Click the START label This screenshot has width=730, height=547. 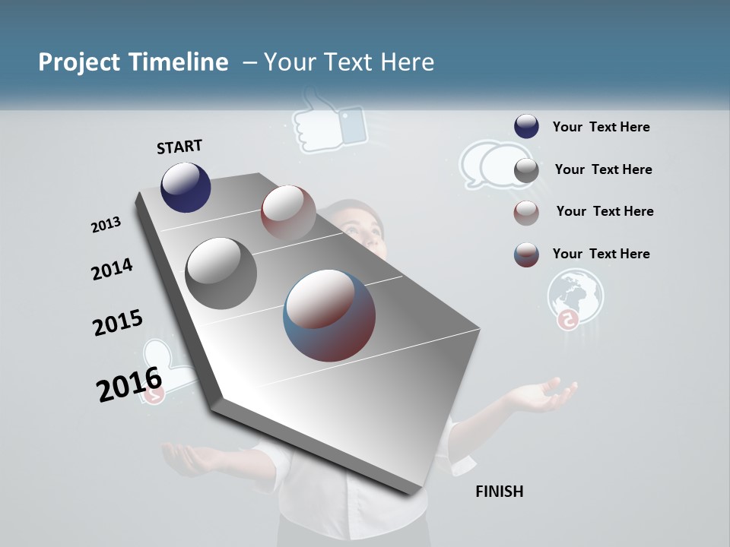179,147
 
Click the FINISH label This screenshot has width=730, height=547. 499,492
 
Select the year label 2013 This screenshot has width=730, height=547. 106,225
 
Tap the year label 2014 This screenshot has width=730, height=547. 112,270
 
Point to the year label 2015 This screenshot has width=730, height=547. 118,323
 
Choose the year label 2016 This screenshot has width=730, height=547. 129,384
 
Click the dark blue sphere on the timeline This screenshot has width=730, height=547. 186,187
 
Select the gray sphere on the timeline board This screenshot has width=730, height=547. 221,273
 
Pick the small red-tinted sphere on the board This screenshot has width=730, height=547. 288,212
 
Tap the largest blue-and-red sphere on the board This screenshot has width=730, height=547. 329,315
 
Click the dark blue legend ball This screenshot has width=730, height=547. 526,126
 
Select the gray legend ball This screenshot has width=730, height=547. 526,170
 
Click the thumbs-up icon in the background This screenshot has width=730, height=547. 328,122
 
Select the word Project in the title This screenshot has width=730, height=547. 78,62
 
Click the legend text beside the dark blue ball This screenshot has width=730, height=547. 601,127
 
